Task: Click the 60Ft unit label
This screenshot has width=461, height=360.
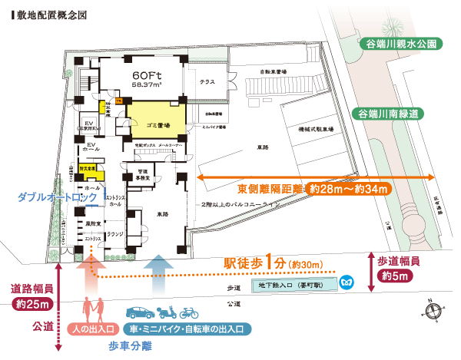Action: [145, 77]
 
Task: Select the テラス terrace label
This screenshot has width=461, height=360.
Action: [207, 81]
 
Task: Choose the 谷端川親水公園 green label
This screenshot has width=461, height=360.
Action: [401, 44]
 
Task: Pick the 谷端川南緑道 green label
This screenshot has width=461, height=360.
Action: [398, 114]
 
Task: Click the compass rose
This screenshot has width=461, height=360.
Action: [433, 311]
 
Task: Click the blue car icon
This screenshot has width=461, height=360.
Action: [139, 312]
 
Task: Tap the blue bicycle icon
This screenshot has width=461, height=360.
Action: [189, 313]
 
